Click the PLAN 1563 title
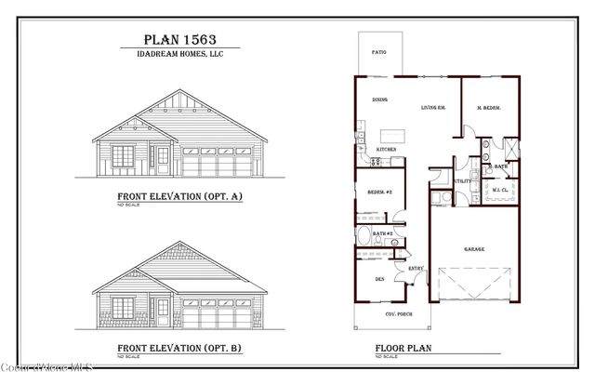[x=178, y=39]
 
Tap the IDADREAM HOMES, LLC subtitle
[x=178, y=54]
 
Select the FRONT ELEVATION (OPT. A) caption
[x=179, y=196]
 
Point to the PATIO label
[x=378, y=53]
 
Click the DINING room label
[x=380, y=99]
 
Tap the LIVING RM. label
[x=433, y=107]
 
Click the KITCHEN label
[x=386, y=149]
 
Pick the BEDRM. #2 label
[x=379, y=192]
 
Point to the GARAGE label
[x=474, y=248]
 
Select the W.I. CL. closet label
[x=499, y=191]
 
